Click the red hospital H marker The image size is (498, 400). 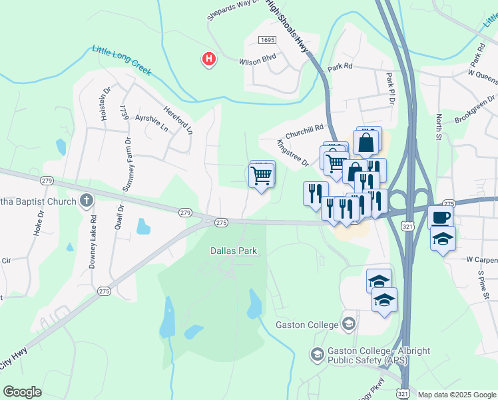209,59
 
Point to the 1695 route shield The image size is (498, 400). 268,41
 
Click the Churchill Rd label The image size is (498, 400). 304,127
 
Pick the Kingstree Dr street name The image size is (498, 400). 293,153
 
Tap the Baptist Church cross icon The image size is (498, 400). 86,199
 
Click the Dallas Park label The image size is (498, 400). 234,251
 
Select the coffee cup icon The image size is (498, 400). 441,217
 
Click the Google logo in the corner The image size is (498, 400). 22,391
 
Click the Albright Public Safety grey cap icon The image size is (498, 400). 318,353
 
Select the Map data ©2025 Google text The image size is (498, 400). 457,394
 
